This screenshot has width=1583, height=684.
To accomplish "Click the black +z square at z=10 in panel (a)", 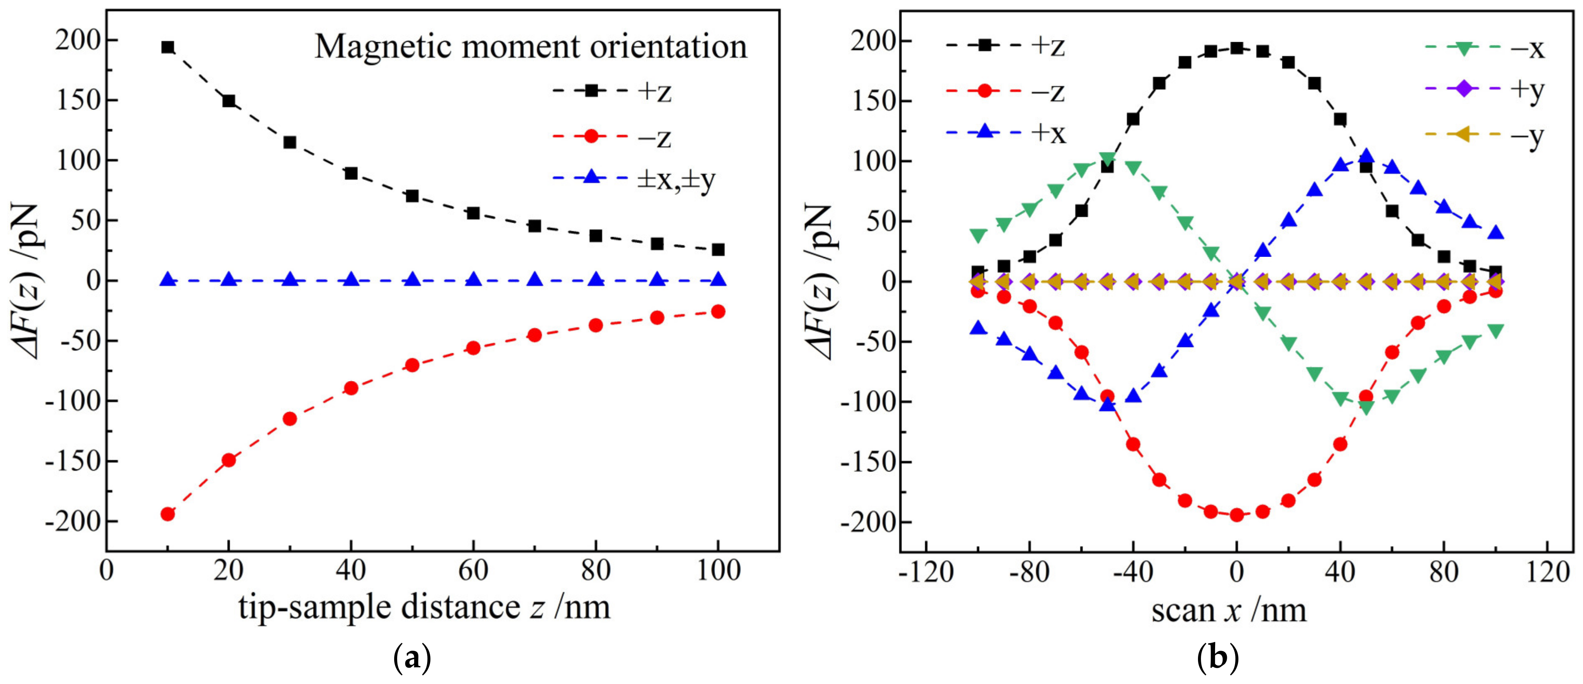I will tap(167, 47).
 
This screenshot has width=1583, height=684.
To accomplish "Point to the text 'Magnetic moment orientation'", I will tap(531, 47).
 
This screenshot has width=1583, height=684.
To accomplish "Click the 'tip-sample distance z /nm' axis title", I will tap(425, 608).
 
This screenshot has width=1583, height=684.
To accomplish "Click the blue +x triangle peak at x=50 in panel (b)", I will tap(1366, 156).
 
